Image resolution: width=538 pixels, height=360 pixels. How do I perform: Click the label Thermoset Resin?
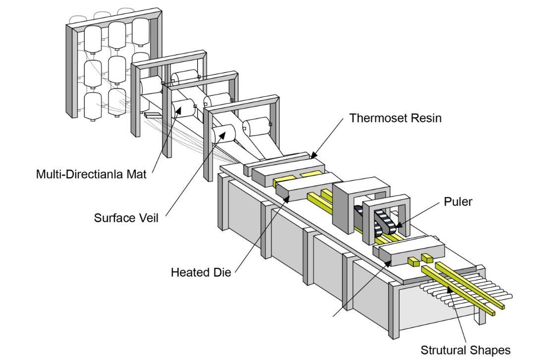395,118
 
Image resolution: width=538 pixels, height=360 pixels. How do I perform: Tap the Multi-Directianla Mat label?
92,175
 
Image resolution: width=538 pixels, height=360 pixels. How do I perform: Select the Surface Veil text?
126,217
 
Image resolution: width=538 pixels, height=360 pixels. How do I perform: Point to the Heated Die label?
201,272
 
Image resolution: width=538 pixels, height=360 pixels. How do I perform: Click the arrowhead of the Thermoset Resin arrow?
312,157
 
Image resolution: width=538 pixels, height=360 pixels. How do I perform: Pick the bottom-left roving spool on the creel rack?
93,105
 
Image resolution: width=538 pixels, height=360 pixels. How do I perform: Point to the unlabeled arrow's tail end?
333,315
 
